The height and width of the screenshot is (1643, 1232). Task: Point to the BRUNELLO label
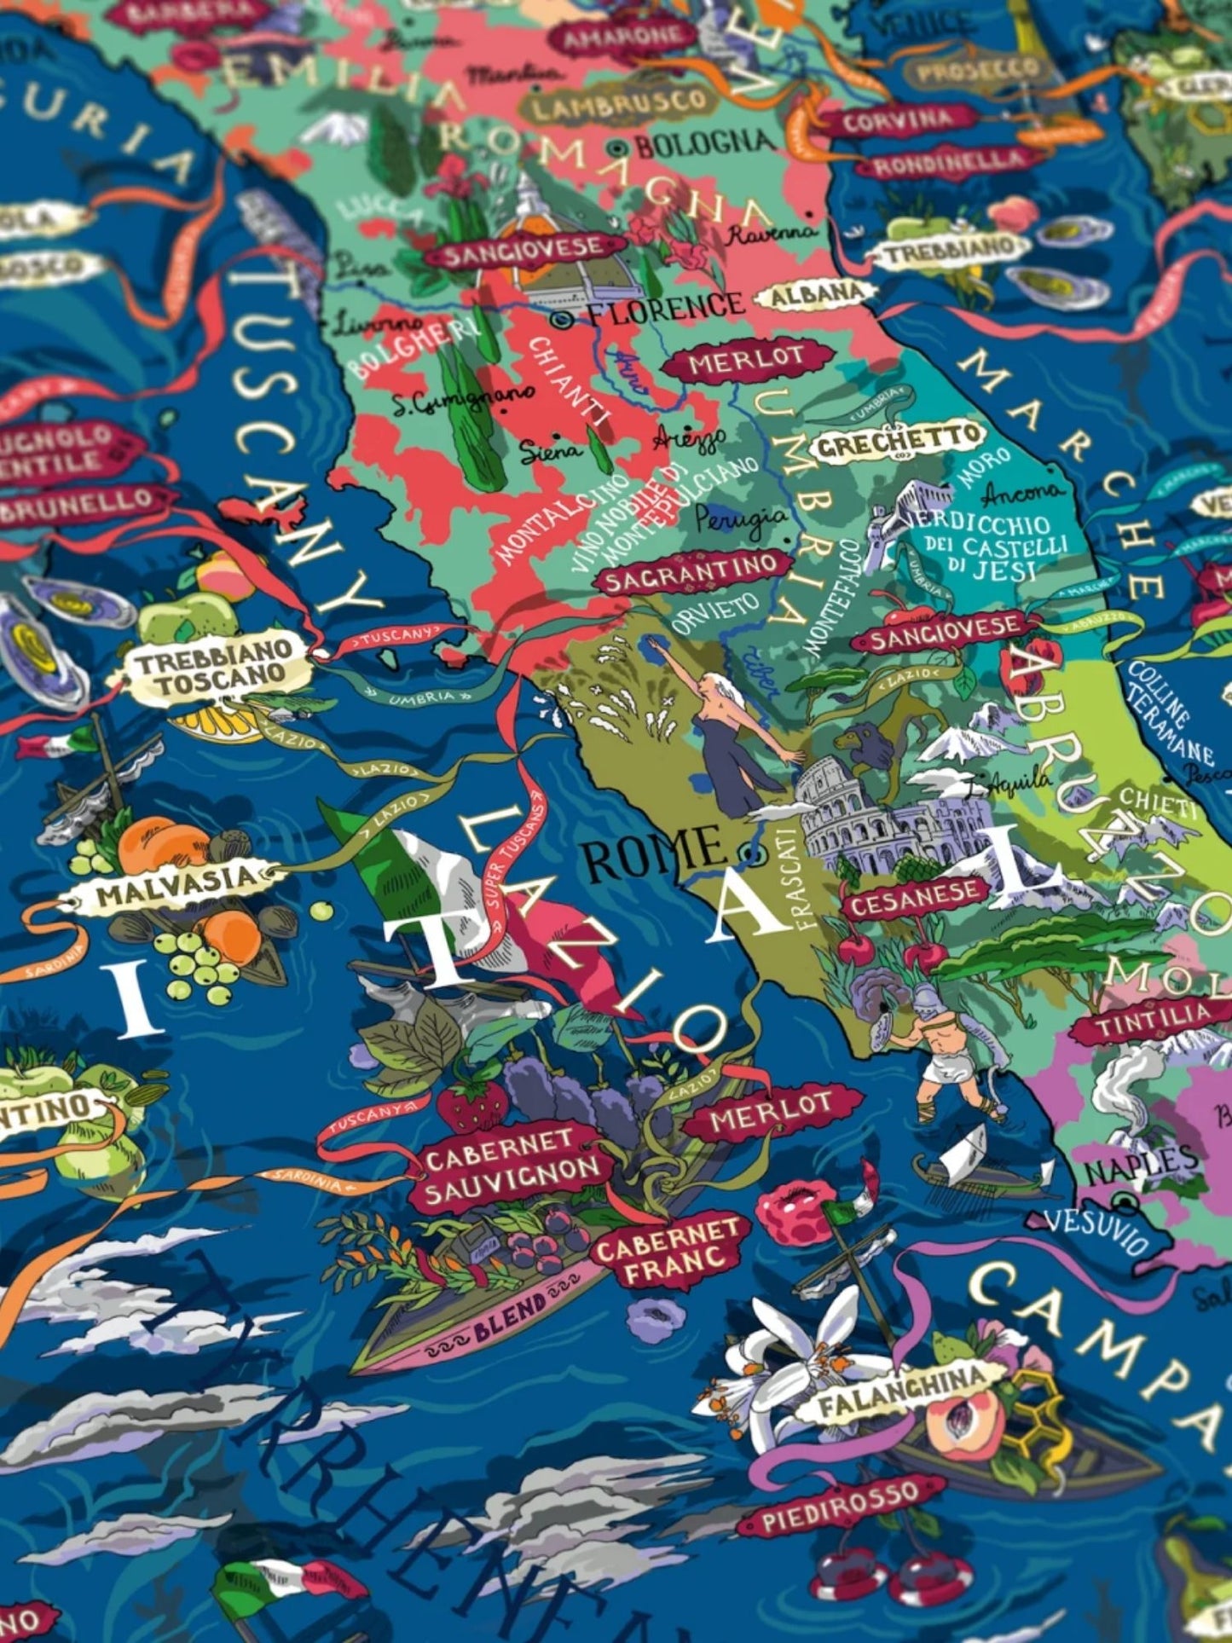point(85,503)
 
